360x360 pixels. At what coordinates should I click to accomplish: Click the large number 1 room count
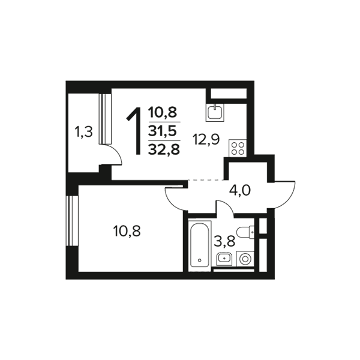point(134,131)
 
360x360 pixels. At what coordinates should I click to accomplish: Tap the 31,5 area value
point(164,131)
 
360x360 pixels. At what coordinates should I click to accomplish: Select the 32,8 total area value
point(164,149)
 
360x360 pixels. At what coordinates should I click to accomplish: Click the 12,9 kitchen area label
point(206,139)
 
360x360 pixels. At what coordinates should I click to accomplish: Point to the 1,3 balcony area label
point(83,133)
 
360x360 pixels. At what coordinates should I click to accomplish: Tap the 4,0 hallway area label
point(239,190)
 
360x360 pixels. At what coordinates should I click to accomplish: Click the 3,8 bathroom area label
point(224,241)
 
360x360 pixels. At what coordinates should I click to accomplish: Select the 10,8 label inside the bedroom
point(127,231)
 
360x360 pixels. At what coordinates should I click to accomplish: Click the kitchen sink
point(215,112)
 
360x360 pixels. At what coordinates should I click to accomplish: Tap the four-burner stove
point(238,148)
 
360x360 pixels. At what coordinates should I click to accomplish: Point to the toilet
point(245,232)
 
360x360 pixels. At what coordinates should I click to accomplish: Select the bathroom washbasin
point(224,259)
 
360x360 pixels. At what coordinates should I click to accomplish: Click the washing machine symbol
point(245,259)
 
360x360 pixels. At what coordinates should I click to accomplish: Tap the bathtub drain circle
point(200,260)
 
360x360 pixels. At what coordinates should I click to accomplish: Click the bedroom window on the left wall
point(72,220)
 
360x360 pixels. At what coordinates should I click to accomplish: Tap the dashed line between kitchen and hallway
point(206,180)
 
